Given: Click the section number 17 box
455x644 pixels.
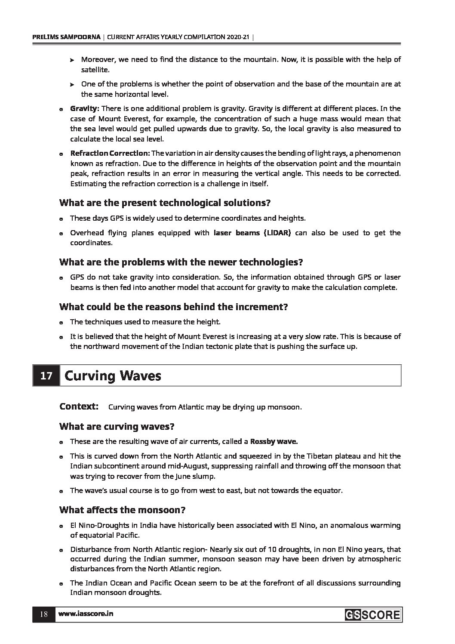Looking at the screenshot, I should [46, 376].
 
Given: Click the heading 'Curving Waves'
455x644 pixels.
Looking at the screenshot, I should [113, 376].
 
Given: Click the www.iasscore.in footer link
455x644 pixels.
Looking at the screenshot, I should [86, 614].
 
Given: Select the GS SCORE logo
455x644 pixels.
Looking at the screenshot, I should [372, 615].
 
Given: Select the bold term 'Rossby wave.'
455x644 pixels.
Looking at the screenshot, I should [274, 441].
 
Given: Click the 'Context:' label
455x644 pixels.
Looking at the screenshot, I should [79, 407].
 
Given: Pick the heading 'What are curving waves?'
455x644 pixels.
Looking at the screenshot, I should [117, 426].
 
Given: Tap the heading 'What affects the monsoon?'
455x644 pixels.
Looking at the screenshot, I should [122, 510].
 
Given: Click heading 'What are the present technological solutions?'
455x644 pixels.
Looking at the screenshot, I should [165, 202].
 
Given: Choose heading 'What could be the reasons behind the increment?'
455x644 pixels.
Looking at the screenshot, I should [173, 307].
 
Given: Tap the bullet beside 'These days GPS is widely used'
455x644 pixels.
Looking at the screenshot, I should [61, 219].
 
